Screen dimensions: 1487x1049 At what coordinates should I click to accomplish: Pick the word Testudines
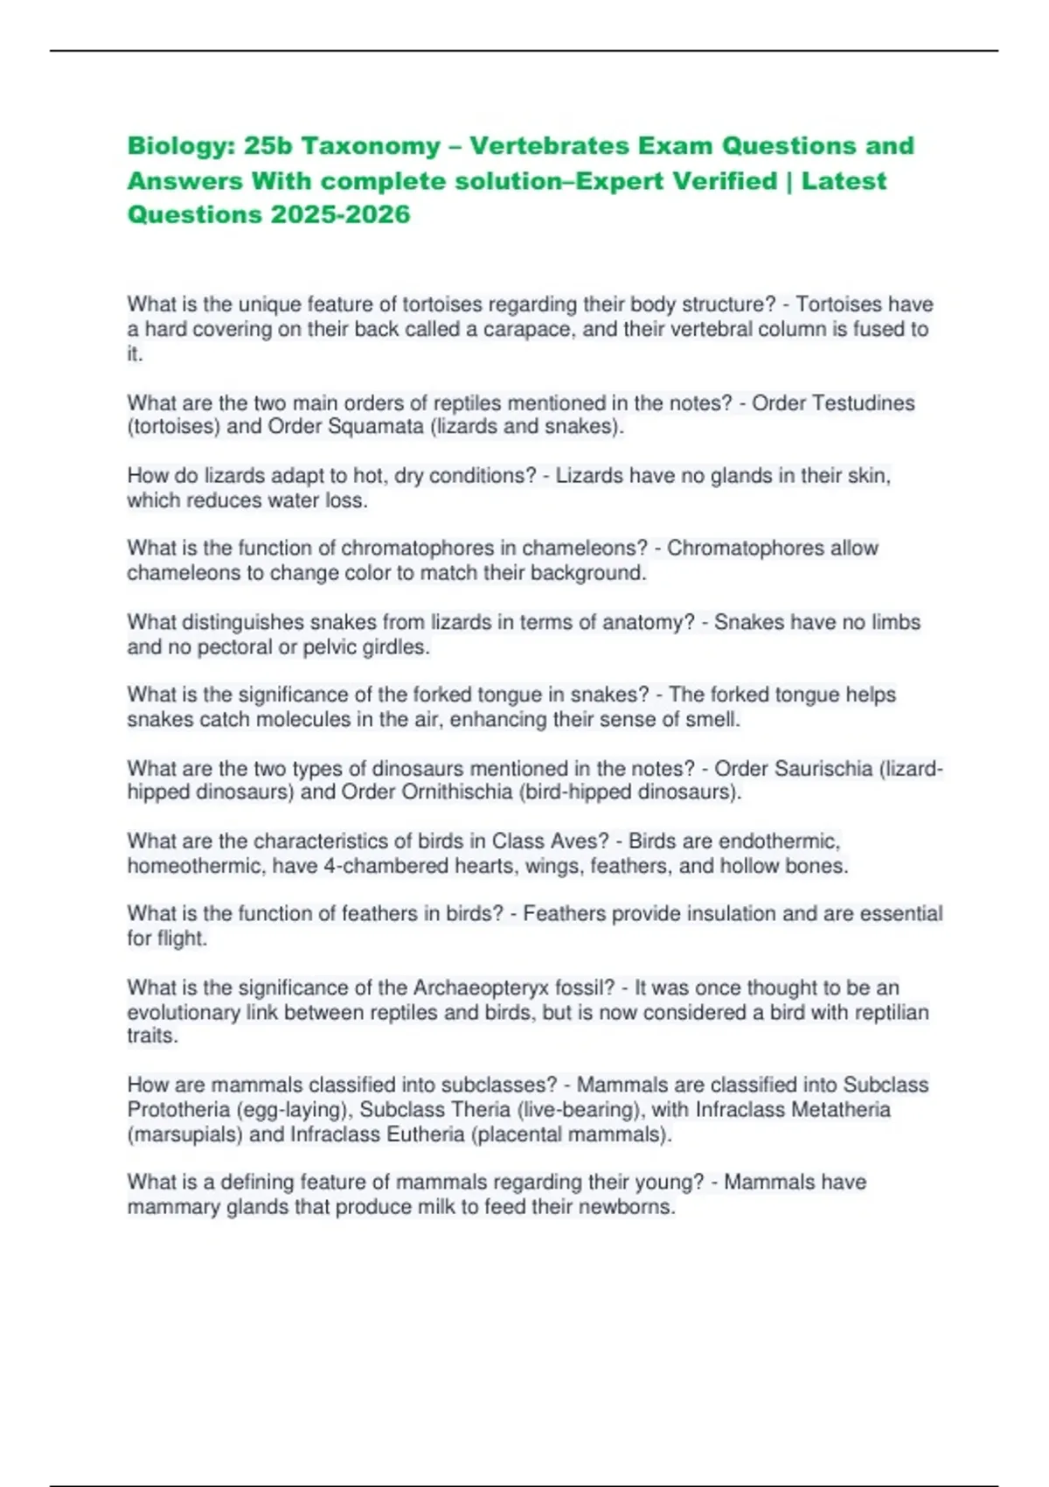(863, 403)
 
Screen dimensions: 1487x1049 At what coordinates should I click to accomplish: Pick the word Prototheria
(180, 1110)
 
